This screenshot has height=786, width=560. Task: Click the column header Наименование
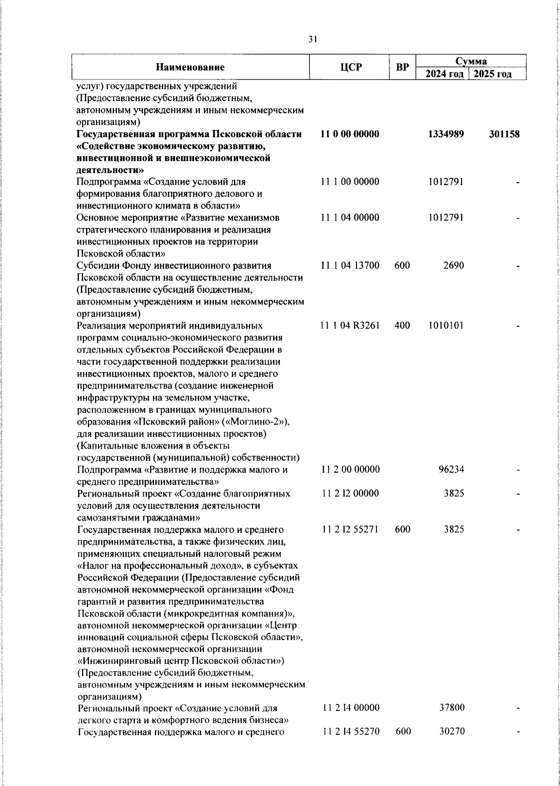(190, 67)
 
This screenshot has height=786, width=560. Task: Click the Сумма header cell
(471, 61)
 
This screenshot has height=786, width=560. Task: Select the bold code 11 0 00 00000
(350, 134)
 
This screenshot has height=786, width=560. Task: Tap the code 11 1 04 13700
(350, 266)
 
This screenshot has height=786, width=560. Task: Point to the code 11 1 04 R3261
(350, 325)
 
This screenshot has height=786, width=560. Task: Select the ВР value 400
(402, 325)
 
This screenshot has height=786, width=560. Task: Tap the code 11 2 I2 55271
(350, 529)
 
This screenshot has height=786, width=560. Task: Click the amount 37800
(452, 721)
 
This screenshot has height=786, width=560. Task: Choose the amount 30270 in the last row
(452, 745)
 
